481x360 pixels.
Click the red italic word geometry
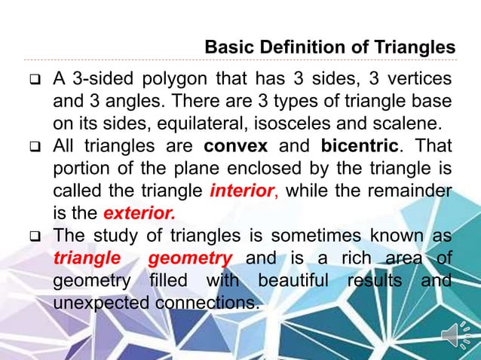189,258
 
